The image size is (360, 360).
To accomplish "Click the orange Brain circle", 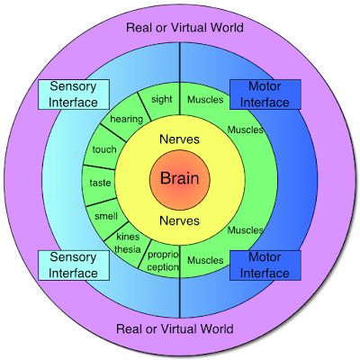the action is (180, 180).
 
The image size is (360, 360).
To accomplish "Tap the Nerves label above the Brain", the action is (179, 139).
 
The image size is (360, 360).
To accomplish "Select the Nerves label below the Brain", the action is (179, 220).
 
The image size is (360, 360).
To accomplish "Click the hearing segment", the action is (126, 119).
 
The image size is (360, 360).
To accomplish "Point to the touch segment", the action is (103, 149).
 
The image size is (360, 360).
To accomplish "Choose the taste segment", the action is (100, 183).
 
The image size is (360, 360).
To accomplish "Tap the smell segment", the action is (106, 217).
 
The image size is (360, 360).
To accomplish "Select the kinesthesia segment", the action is (128, 243).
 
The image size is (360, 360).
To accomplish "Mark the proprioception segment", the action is (163, 260).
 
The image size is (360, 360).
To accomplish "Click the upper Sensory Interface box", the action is (74, 94).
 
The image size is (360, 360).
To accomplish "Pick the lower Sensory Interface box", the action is (74, 265).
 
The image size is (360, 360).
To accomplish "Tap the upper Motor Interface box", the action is (265, 94).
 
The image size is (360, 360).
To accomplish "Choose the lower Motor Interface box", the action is (265, 265).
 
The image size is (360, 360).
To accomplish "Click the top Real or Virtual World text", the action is (184, 28).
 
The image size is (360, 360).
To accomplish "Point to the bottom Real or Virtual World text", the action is (175, 328).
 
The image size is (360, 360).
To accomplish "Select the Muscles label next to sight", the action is (205, 100).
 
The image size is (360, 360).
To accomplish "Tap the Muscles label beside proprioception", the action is (205, 260).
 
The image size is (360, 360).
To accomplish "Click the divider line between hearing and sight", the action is (145, 106).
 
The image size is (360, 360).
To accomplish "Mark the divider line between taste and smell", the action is (102, 202).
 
